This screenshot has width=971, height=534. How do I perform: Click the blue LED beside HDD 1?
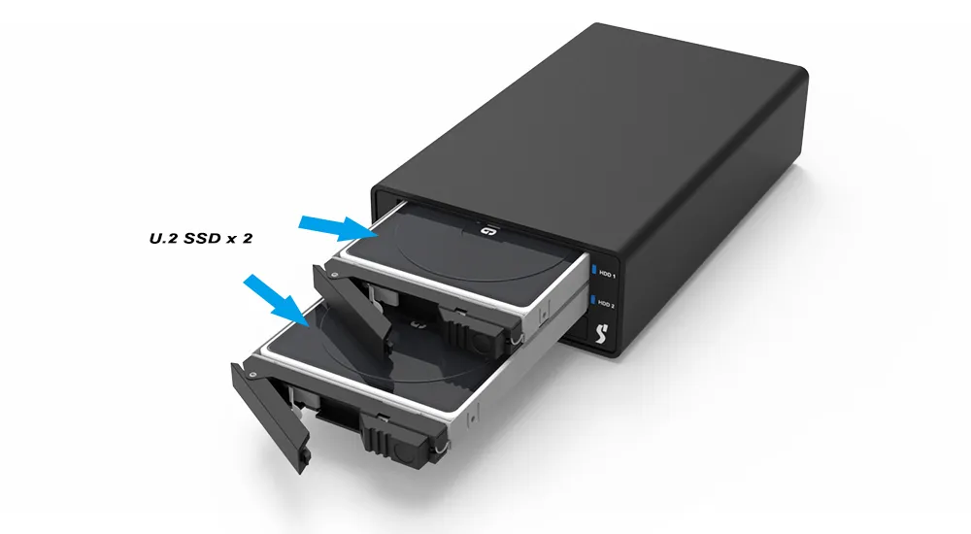coord(594,270)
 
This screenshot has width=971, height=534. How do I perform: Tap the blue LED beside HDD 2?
coord(592,300)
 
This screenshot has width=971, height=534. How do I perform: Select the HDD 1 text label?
coord(608,274)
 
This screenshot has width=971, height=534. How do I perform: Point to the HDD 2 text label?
coord(606,304)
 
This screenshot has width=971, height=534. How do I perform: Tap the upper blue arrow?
coord(339,227)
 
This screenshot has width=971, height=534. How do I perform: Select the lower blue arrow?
coord(276,300)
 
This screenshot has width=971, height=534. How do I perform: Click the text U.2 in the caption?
coord(162,238)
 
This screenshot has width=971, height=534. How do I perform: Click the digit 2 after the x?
coord(247,238)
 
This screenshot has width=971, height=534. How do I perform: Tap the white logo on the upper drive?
coord(485,230)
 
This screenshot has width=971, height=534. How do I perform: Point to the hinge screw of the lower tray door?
coord(252,374)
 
